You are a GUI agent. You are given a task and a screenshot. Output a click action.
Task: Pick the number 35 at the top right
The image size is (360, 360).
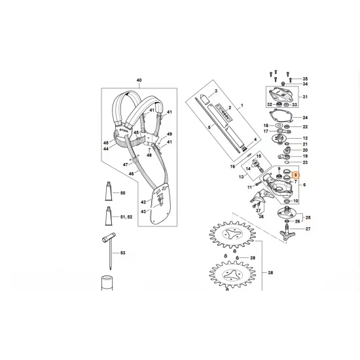tap(304, 79)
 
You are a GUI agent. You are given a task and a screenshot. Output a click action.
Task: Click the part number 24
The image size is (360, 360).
tap(304, 118)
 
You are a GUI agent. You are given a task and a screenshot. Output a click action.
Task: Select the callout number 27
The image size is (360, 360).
tap(308, 229)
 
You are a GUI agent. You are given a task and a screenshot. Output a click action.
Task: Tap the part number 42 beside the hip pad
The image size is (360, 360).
tap(143, 204)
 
